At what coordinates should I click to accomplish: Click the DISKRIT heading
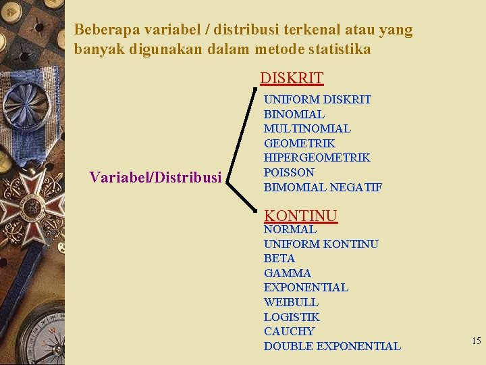pos(292,78)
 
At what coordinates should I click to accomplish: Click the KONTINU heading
pos(300,216)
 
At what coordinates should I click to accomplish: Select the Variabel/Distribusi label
pos(155,178)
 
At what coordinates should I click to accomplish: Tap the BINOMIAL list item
pos(294,114)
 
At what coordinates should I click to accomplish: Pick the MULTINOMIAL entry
pos(307,128)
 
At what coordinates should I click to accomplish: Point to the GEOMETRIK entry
pos(299,143)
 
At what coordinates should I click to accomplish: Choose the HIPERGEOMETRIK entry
pos(317,157)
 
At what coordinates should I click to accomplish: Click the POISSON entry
pos(289,172)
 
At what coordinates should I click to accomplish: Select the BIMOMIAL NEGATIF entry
pos(323,187)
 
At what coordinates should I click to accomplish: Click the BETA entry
pos(279,258)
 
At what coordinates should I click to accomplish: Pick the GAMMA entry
pos(288,273)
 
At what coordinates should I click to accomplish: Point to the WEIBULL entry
pos(291,302)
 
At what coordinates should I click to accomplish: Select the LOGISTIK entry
pos(292,317)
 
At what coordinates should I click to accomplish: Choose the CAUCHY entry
pos(289,331)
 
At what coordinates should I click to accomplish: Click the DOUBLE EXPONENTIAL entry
pos(332,346)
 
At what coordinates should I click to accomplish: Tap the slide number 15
pos(476,341)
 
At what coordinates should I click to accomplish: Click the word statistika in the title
pos(337,50)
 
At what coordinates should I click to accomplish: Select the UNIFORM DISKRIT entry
pos(317,99)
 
